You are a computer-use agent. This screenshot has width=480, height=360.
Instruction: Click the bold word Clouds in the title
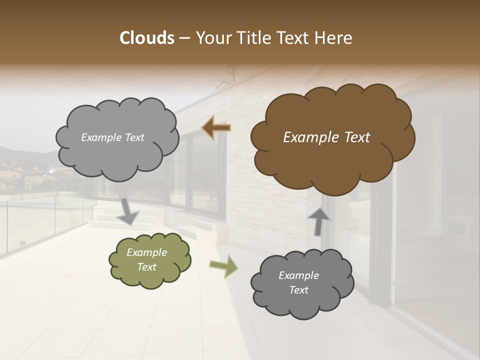[147, 38]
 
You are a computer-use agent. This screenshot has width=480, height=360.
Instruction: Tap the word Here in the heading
[334, 38]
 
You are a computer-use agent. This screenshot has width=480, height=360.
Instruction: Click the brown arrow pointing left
[216, 128]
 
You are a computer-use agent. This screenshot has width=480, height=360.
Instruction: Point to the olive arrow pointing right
[224, 266]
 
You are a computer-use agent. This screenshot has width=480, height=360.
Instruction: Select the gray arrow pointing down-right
[128, 211]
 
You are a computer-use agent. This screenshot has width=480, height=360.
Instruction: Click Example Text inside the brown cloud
[326, 137]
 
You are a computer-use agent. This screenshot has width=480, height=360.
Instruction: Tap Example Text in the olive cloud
[147, 259]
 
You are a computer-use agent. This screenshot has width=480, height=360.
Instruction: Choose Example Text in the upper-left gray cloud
[112, 137]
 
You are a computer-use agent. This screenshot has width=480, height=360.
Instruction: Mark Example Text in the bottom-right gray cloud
[298, 282]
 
